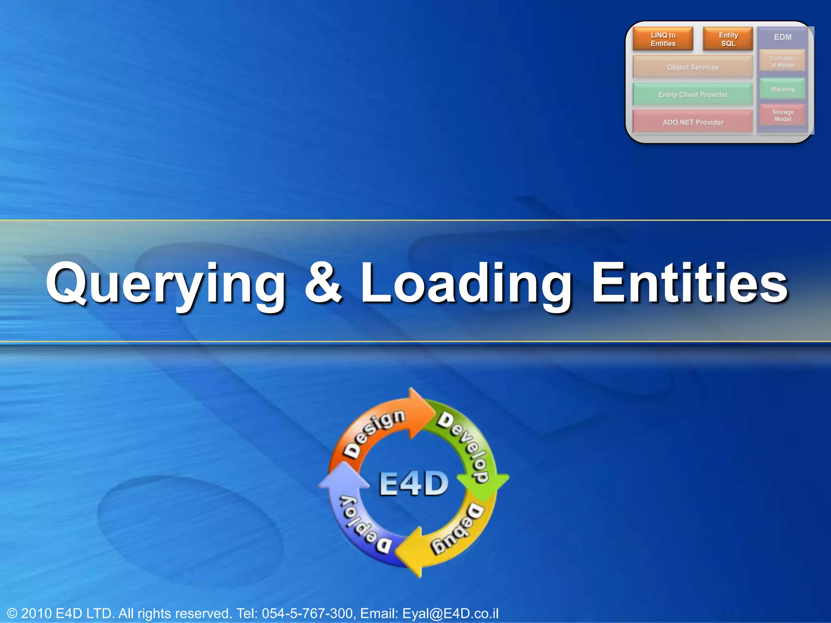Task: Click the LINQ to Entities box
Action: tap(663, 39)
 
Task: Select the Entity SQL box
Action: tap(728, 39)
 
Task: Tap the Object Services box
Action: tap(693, 67)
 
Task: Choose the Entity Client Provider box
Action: tap(693, 95)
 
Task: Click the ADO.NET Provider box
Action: tap(693, 122)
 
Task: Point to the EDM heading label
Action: tap(782, 37)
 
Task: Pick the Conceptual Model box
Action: tap(782, 62)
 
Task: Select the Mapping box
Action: tap(782, 89)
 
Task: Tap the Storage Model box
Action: tap(782, 116)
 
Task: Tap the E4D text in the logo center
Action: tap(413, 484)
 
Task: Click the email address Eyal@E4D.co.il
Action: tap(450, 613)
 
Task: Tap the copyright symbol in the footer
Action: tap(12, 613)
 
